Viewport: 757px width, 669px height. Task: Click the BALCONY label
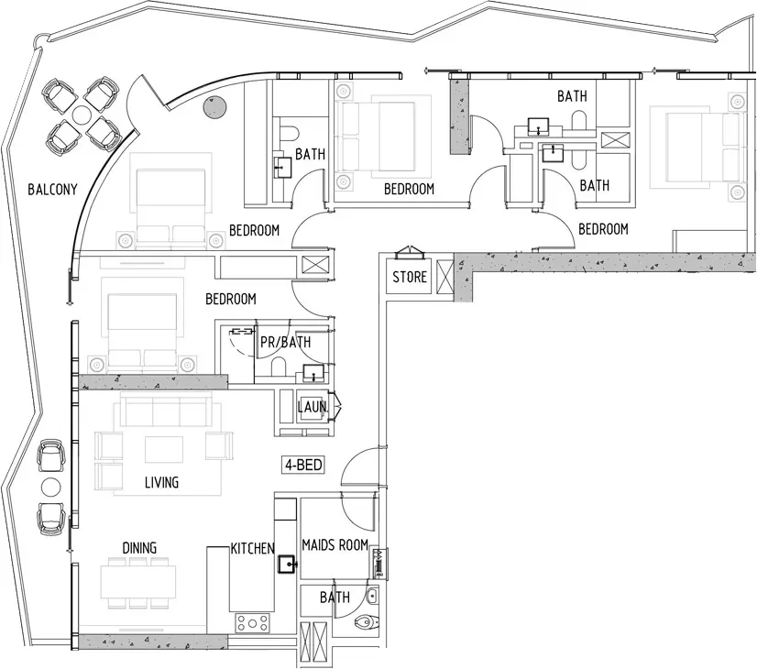tap(52, 189)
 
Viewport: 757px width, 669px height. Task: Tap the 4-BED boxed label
tap(303, 465)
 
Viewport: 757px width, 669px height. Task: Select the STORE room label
tap(410, 277)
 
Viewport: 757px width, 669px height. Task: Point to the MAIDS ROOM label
tap(335, 545)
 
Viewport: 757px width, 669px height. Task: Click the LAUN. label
tap(313, 407)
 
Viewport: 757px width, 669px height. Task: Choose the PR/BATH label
tap(285, 342)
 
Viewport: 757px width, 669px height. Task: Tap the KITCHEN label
tap(253, 548)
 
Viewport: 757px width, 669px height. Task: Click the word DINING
tap(139, 548)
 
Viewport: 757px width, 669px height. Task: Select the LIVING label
tap(161, 482)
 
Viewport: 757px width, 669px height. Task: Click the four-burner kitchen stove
tap(253, 623)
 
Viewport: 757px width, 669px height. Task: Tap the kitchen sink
tap(288, 564)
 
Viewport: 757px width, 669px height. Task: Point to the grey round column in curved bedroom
tap(214, 106)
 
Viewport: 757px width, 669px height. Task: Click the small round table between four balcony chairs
tap(82, 115)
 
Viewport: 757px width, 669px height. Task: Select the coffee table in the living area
tap(164, 449)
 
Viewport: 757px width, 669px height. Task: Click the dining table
tap(138, 583)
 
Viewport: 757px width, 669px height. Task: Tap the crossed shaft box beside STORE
tap(444, 277)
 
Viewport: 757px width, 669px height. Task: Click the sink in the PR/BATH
tap(313, 373)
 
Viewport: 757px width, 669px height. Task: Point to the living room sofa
tap(166, 409)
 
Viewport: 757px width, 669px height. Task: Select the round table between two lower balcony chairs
tap(51, 487)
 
